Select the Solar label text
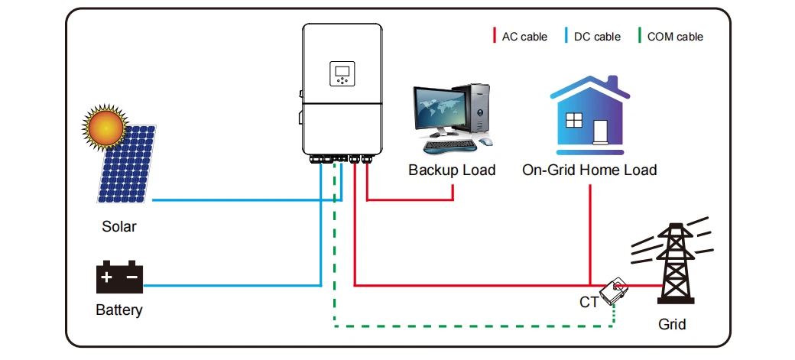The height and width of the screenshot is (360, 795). point(119,227)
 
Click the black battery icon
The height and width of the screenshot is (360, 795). point(119,277)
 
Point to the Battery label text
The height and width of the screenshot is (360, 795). point(119,311)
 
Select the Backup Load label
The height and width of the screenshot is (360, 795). point(452,170)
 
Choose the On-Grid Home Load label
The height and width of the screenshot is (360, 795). point(589,170)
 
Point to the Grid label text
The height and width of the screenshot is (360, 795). point(673,324)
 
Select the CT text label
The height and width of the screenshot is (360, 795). point(589,302)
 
